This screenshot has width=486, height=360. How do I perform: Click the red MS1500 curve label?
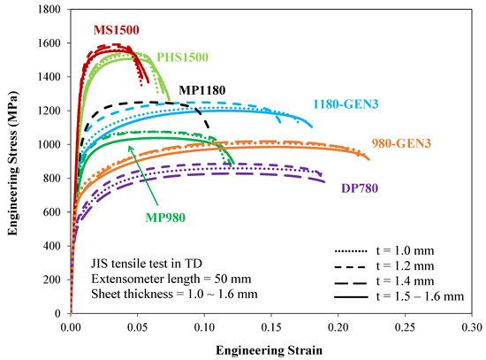pos(116,29)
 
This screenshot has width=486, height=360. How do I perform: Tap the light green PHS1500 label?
pos(183,57)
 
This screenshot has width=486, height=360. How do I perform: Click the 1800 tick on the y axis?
pos(49,10)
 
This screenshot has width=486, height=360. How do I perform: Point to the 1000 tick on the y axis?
pos(49,144)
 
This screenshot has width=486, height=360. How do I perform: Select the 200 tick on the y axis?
pos(52,279)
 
